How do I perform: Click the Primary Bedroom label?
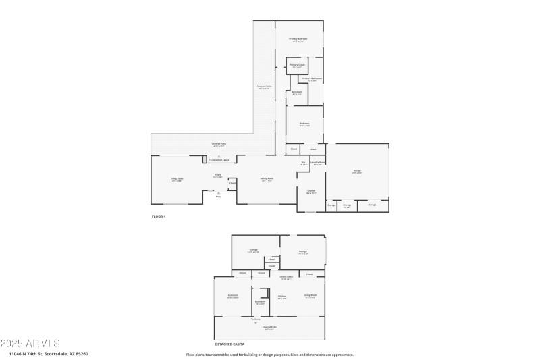click(x=298, y=39)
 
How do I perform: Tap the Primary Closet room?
click(x=297, y=66)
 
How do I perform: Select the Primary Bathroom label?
click(x=313, y=79)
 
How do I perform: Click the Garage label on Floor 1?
click(x=356, y=171)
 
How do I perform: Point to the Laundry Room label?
click(x=318, y=163)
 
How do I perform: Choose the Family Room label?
click(x=266, y=179)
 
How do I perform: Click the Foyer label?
click(x=218, y=176)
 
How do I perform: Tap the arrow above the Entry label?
click(x=218, y=192)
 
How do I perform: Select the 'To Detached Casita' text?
click(x=218, y=160)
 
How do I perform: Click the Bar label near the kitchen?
click(x=303, y=163)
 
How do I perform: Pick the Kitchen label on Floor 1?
click(x=311, y=191)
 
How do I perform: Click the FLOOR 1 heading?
click(x=158, y=217)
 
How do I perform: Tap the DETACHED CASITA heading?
click(x=230, y=344)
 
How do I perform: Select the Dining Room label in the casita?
click(x=286, y=277)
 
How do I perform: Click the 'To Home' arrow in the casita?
click(x=256, y=322)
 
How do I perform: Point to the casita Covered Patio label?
click(x=269, y=328)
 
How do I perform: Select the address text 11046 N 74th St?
click(x=48, y=353)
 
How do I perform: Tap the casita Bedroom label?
click(x=233, y=296)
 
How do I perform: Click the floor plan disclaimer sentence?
click(x=269, y=354)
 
